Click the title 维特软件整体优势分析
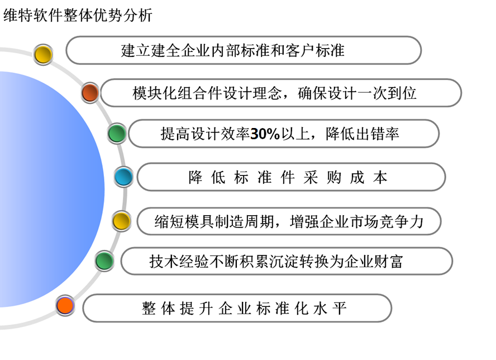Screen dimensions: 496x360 78,15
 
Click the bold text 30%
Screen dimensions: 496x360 265,134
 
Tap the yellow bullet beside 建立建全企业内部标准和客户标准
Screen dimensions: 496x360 43,54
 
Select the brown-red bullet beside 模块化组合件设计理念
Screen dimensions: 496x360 90,93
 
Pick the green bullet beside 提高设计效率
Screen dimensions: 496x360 117,133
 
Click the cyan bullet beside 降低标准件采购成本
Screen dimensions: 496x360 123,177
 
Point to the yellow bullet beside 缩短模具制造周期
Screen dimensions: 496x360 121,221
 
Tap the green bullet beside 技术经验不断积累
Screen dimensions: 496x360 104,261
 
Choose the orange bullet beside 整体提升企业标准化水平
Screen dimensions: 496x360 65,306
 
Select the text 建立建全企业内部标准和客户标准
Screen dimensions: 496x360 232,51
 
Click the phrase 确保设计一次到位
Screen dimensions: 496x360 357,93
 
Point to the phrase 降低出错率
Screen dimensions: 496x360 362,134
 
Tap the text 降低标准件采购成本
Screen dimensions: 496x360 288,177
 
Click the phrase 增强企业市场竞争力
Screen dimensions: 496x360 357,221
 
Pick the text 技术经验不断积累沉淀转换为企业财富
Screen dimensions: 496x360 276,262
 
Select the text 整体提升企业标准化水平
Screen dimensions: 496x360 244,309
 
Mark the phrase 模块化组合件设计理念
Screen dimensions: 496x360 207,93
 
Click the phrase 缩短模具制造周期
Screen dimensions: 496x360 214,221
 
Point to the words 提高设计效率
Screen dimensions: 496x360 206,134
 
